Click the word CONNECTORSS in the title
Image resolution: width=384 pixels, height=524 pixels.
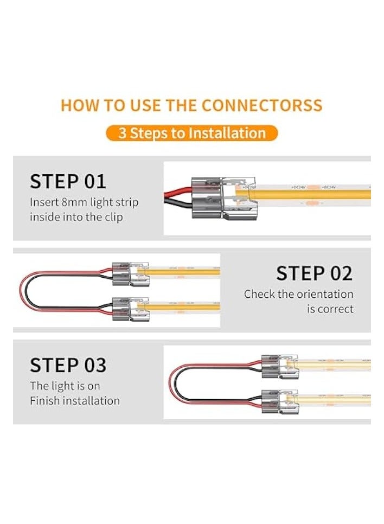point(262,105)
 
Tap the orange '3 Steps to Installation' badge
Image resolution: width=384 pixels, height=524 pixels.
point(191,133)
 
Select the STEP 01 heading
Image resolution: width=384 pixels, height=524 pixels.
point(68,182)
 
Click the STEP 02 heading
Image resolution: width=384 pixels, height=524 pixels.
point(314,273)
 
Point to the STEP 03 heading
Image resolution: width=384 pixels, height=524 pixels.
point(68,365)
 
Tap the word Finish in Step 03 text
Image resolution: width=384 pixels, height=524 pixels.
point(44,401)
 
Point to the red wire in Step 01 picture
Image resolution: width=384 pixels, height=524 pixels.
point(175,190)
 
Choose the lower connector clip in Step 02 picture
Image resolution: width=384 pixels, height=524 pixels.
point(130,307)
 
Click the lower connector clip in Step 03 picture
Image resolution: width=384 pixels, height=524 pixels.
point(279,400)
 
